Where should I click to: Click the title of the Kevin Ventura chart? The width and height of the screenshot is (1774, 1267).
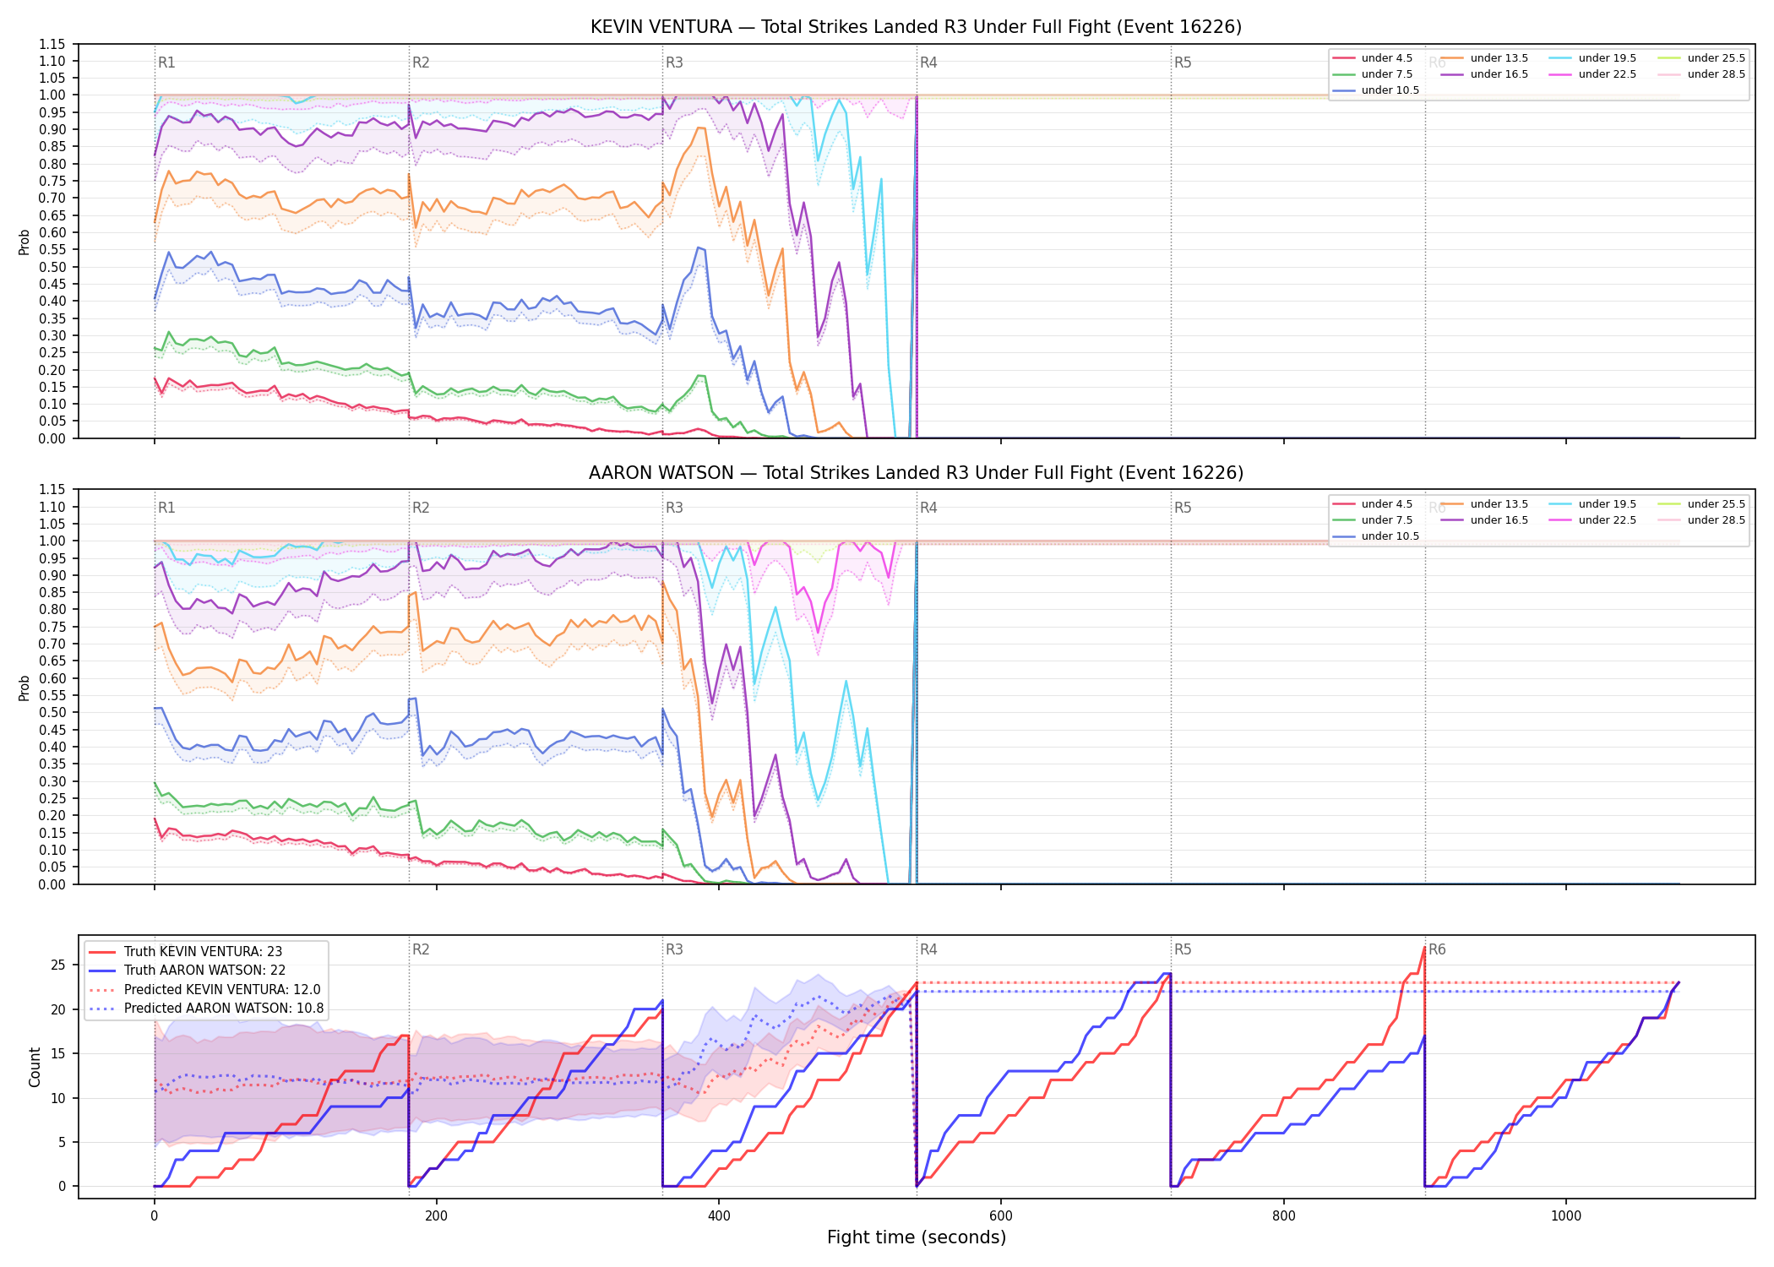916,27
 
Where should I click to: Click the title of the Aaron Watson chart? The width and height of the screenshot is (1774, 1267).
916,473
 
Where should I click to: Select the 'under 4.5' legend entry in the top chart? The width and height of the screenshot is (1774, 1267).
1373,58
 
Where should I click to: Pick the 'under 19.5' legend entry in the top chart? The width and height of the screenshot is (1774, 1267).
1593,58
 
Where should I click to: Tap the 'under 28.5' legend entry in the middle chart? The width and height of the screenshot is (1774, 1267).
1702,520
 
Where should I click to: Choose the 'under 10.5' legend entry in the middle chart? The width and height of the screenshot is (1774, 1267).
1376,536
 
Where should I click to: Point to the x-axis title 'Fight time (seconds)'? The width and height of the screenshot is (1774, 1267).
917,1238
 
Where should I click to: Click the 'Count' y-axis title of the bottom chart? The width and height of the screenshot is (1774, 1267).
35,1067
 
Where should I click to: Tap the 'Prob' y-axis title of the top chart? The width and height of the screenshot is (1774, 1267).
24,242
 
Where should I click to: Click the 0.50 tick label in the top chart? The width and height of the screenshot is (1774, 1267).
52,267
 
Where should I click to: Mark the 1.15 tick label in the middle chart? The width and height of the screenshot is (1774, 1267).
52,490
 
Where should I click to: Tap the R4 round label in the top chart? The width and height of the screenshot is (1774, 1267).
928,63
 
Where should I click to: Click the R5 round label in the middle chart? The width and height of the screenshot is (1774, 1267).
1183,508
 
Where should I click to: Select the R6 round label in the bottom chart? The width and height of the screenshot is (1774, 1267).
1437,949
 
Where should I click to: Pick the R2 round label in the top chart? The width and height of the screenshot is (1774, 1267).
421,63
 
